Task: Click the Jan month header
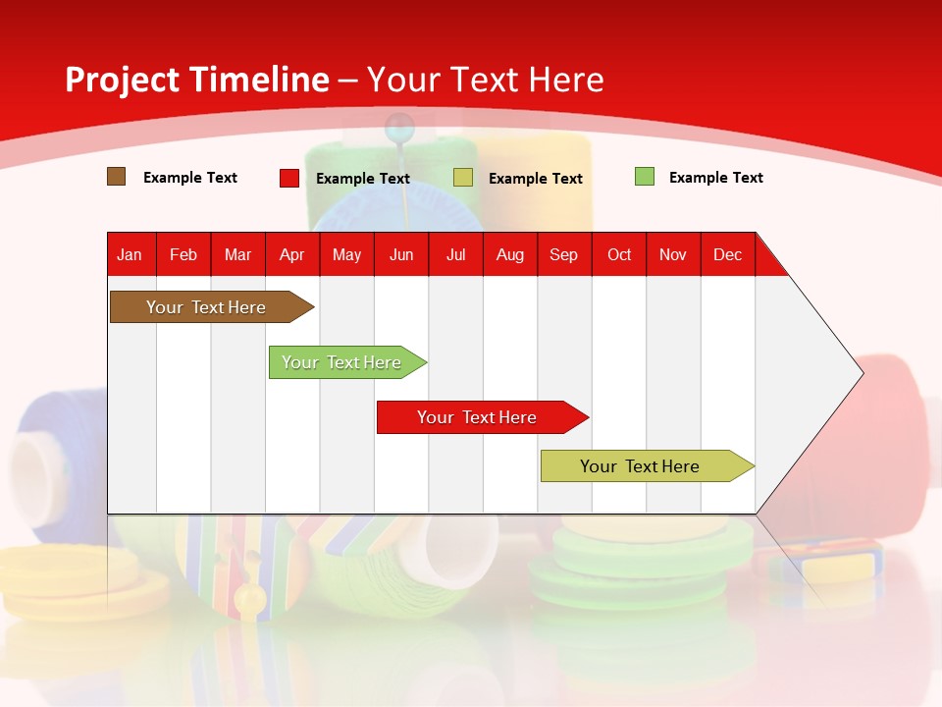[x=130, y=255]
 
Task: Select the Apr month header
[x=291, y=255]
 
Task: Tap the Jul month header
[x=455, y=255]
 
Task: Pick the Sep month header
[x=563, y=255]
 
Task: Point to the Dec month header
[x=727, y=255]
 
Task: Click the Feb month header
[x=183, y=255]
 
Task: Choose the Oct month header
[x=619, y=255]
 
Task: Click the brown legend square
[x=117, y=177]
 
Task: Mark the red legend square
[x=289, y=178]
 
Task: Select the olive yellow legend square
[x=463, y=178]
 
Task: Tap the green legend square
[x=645, y=177]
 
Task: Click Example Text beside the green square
[x=715, y=178]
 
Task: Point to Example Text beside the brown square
[x=190, y=178]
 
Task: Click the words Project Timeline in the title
[x=196, y=80]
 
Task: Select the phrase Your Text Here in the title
[x=485, y=80]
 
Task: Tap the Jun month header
[x=401, y=255]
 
